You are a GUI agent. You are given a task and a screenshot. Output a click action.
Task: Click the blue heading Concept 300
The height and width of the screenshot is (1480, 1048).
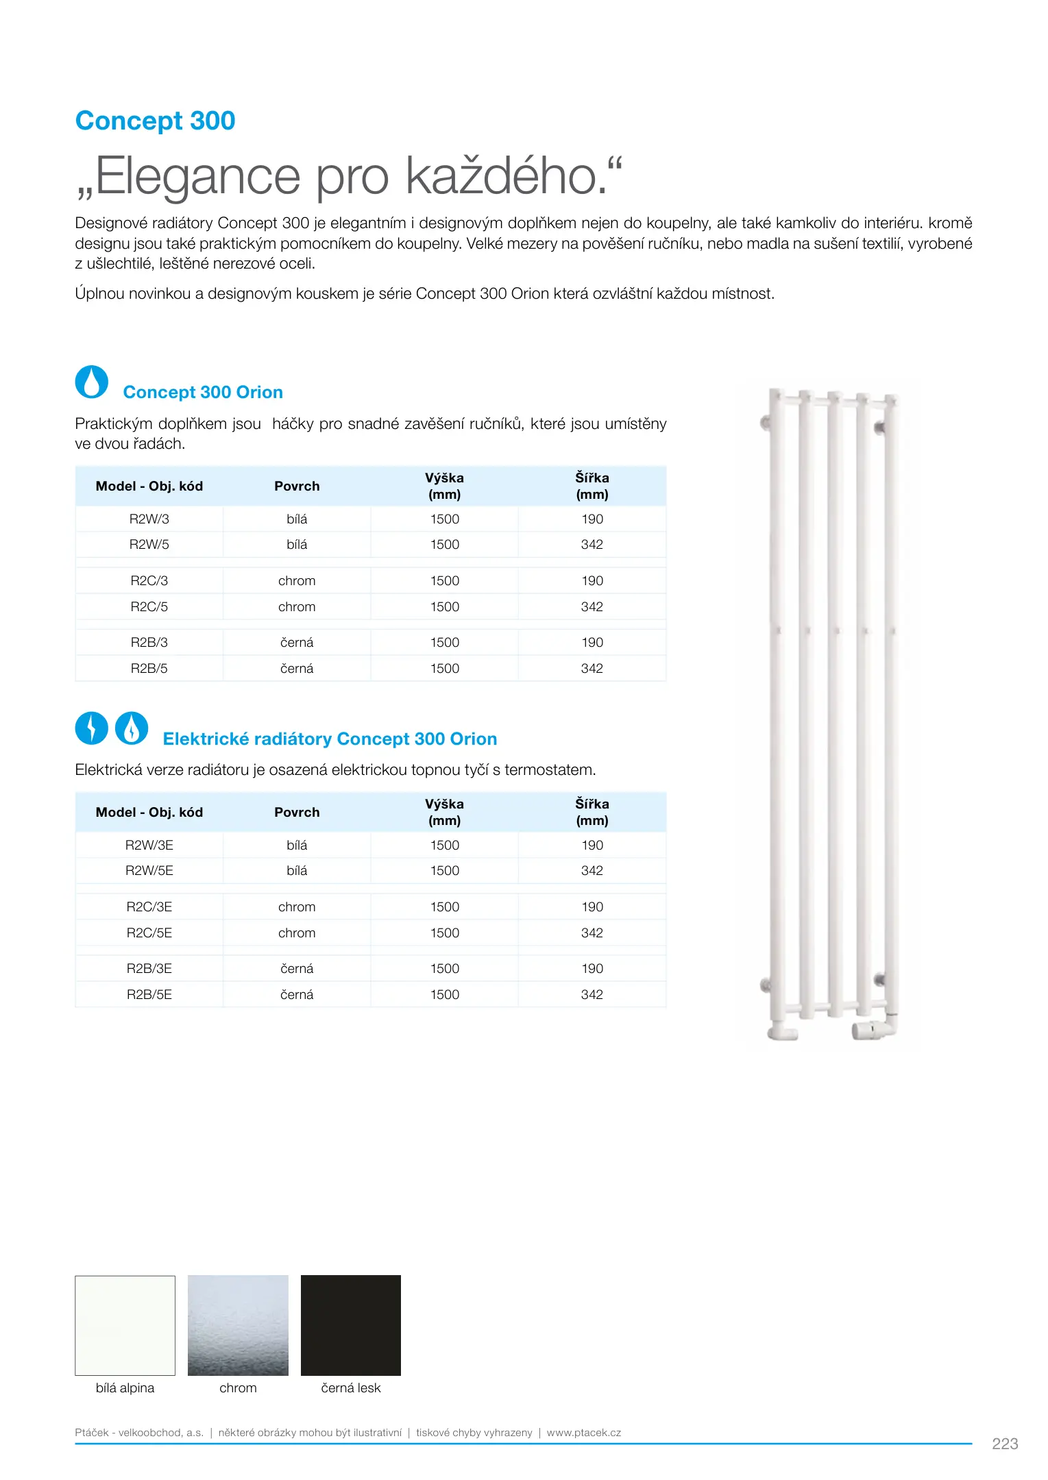[155, 121]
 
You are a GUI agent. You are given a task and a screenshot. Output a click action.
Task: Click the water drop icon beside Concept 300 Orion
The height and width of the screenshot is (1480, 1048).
[91, 382]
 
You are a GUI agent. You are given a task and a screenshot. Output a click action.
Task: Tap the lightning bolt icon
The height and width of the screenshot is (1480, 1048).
[91, 728]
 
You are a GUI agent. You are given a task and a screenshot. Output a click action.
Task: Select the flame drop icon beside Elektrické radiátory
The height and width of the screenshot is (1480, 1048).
[132, 728]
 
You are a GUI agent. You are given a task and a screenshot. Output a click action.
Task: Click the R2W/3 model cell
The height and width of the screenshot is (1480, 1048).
[149, 519]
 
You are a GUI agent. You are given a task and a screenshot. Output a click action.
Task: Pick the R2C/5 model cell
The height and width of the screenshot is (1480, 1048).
[149, 607]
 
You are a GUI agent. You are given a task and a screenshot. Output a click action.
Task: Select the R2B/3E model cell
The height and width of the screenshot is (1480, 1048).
[149, 969]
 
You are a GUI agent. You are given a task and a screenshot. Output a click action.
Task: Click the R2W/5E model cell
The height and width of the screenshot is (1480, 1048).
[149, 871]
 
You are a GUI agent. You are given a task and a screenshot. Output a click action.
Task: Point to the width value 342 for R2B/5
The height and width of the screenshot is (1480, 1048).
[592, 669]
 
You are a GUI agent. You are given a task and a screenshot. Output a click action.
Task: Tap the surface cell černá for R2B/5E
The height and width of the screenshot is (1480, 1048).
[297, 995]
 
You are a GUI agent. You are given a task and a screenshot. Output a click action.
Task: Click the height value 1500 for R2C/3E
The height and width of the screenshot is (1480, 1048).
[444, 907]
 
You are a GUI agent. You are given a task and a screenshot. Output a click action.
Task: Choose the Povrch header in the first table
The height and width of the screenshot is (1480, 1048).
[297, 486]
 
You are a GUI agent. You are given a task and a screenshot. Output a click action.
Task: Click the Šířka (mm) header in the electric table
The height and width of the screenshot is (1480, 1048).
[592, 812]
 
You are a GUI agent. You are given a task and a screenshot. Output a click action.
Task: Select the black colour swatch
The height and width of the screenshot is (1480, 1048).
[350, 1325]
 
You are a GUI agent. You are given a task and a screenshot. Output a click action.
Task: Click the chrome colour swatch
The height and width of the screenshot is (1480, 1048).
[238, 1325]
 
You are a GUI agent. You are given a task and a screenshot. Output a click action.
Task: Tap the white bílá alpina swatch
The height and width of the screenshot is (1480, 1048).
[125, 1325]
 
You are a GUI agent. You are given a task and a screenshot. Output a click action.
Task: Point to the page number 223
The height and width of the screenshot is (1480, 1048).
[1004, 1444]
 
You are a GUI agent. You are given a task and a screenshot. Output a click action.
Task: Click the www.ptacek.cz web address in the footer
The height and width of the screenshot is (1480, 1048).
[583, 1433]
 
